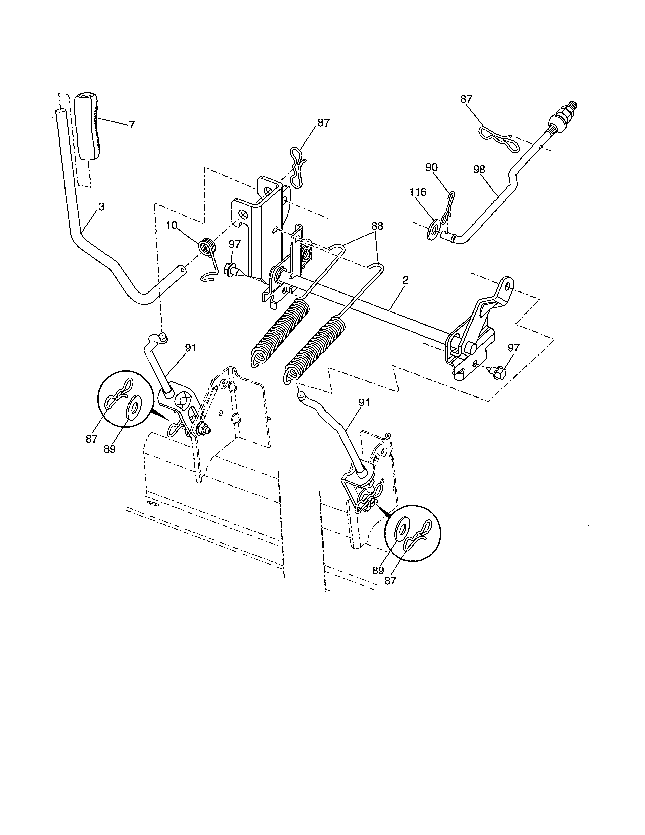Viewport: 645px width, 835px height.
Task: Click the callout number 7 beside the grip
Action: click(132, 125)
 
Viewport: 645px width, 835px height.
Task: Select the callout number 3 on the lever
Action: click(101, 207)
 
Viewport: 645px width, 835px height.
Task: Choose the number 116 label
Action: click(418, 192)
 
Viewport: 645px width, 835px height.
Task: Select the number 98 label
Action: click(479, 169)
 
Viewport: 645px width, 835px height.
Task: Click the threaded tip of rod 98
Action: click(572, 106)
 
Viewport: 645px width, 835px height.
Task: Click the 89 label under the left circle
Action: click(110, 449)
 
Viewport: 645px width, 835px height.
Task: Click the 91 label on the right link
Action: click(364, 402)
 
